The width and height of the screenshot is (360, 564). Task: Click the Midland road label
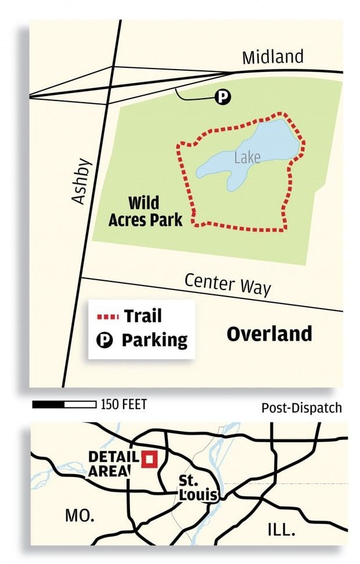tap(272, 57)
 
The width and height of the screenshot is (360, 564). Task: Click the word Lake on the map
tap(247, 157)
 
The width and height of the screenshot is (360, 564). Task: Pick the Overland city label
tap(269, 334)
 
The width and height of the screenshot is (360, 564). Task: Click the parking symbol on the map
tap(223, 97)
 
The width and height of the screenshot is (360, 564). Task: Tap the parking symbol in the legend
tap(106, 340)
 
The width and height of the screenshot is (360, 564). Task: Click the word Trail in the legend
tap(142, 316)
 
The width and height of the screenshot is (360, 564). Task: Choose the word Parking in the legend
tap(154, 340)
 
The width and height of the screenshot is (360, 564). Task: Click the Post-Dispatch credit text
tap(301, 408)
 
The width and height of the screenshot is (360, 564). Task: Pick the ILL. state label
tap(281, 529)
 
